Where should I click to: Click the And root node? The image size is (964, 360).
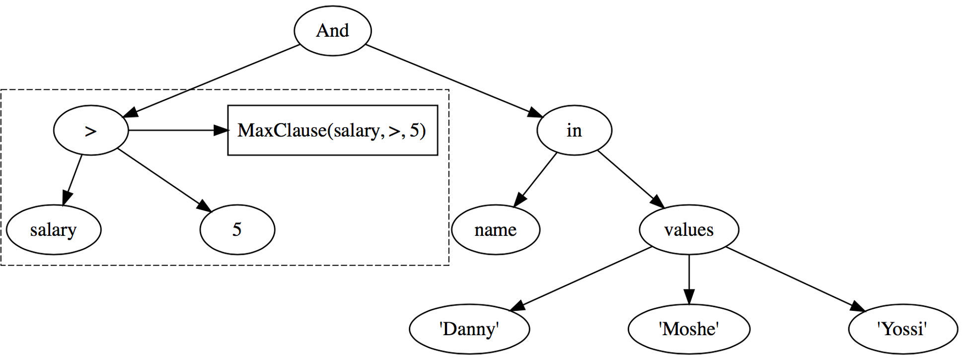click(x=332, y=31)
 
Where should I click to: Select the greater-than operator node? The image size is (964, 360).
click(x=91, y=131)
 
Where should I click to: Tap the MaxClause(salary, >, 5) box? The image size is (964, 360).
click(x=332, y=131)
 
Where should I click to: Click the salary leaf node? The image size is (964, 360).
click(x=54, y=230)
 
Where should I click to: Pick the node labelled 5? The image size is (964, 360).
click(x=237, y=230)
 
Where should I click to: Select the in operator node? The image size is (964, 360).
click(x=574, y=131)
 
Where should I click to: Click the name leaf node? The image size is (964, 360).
click(x=495, y=230)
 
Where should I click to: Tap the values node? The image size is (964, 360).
click(x=689, y=230)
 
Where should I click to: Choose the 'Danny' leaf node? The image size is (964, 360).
click(x=469, y=329)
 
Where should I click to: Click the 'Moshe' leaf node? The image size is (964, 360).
click(x=689, y=329)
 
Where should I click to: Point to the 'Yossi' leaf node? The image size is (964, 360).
click(x=902, y=329)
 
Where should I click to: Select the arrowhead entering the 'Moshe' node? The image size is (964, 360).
click(x=689, y=297)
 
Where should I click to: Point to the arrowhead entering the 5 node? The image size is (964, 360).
click(x=205, y=206)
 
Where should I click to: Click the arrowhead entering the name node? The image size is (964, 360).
click(x=519, y=200)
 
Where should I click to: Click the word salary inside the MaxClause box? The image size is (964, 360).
click(x=356, y=131)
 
